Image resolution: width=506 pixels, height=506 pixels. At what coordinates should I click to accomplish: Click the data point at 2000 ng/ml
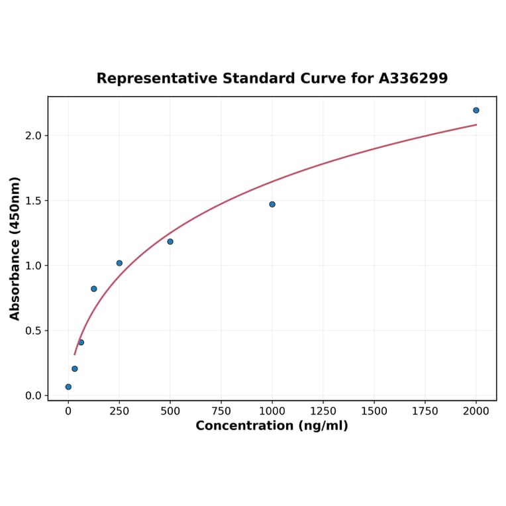pyautogui.click(x=476, y=110)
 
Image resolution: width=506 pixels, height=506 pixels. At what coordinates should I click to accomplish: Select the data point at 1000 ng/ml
pyautogui.click(x=272, y=204)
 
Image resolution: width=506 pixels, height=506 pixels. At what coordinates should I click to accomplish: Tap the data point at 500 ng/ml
pyautogui.click(x=170, y=242)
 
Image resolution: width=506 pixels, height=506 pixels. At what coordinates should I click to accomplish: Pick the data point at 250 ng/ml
pyautogui.click(x=119, y=263)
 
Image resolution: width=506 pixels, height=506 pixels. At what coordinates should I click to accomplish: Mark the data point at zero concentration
pyautogui.click(x=68, y=387)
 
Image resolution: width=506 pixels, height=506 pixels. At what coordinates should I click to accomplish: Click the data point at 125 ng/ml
pyautogui.click(x=94, y=289)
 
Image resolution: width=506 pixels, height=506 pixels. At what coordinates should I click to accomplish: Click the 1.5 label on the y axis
pyautogui.click(x=33, y=201)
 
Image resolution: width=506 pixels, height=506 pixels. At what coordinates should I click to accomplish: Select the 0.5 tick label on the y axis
pyautogui.click(x=33, y=330)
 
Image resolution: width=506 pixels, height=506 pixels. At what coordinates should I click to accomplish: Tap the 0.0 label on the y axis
pyautogui.click(x=33, y=395)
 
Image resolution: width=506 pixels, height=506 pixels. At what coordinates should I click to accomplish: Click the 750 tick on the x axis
pyautogui.click(x=221, y=411)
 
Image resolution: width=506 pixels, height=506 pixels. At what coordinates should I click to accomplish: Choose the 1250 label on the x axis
pyautogui.click(x=323, y=411)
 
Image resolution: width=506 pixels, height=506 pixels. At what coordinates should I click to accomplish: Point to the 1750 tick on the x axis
pyautogui.click(x=425, y=411)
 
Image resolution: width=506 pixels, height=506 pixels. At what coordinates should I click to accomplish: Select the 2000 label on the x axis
pyautogui.click(x=476, y=411)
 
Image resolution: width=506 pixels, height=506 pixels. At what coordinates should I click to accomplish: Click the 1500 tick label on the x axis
pyautogui.click(x=374, y=411)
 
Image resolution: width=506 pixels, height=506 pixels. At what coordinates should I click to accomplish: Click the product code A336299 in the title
pyautogui.click(x=413, y=79)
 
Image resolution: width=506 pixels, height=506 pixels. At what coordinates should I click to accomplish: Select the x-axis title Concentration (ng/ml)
pyautogui.click(x=272, y=426)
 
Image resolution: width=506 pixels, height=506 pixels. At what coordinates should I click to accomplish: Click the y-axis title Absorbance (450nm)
pyautogui.click(x=15, y=248)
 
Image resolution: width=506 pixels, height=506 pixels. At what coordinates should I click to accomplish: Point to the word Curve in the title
pyautogui.click(x=324, y=79)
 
